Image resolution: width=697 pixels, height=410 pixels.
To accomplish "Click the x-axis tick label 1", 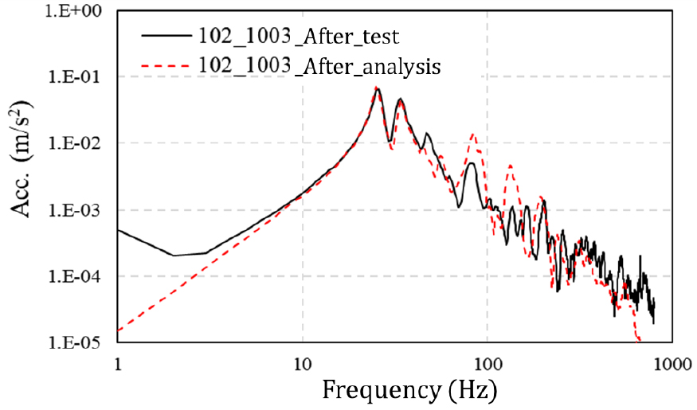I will coord(118,365).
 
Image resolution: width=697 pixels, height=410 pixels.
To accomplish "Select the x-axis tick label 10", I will coord(302,365).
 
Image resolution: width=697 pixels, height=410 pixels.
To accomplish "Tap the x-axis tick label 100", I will coord(487,365).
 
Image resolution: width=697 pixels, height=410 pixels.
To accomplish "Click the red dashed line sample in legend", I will coord(166,68).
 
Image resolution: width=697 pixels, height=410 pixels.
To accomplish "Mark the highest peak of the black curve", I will coord(378,88).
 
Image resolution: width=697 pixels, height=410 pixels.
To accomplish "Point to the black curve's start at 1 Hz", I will coord(119,230).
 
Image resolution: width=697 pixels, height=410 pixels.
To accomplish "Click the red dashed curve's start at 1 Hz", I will coord(119,330).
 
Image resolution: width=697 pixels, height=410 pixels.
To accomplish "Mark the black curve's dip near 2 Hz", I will coord(174,256).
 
